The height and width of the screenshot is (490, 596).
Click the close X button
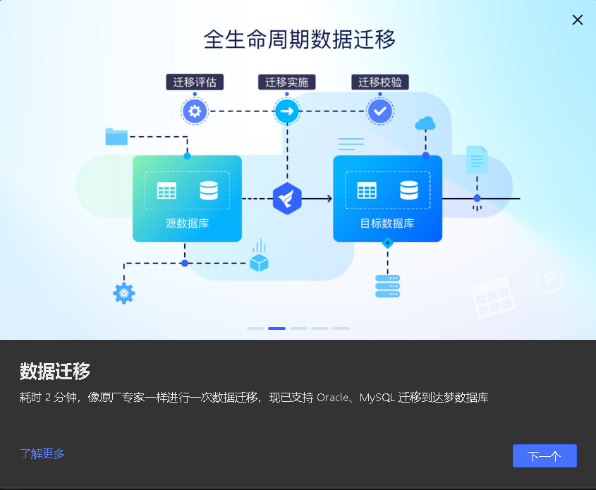pos(578,20)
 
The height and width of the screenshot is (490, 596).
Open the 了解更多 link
pos(42,453)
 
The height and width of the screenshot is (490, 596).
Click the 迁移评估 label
pos(195,82)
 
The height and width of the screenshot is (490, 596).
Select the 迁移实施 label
pos(286,82)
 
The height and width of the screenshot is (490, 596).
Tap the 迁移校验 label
pos(380,82)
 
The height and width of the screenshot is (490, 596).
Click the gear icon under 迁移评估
pos(195,111)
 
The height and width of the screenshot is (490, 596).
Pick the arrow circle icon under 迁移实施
pos(287,111)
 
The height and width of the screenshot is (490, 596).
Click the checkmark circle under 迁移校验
pos(380,111)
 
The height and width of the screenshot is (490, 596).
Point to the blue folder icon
pos(116,136)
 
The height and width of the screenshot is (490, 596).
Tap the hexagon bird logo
pos(287,198)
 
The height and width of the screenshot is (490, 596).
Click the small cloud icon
pos(425,124)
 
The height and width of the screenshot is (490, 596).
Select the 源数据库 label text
pos(187,223)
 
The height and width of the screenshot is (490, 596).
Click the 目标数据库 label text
pos(387,223)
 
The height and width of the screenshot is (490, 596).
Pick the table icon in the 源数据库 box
pos(166,190)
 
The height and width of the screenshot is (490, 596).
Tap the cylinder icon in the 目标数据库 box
pos(409,190)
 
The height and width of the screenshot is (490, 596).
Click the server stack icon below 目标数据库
pos(387,286)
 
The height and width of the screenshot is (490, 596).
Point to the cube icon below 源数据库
pos(260,262)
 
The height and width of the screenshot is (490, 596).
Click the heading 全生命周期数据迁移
pos(300,39)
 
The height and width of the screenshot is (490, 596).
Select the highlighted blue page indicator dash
pos(276,329)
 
